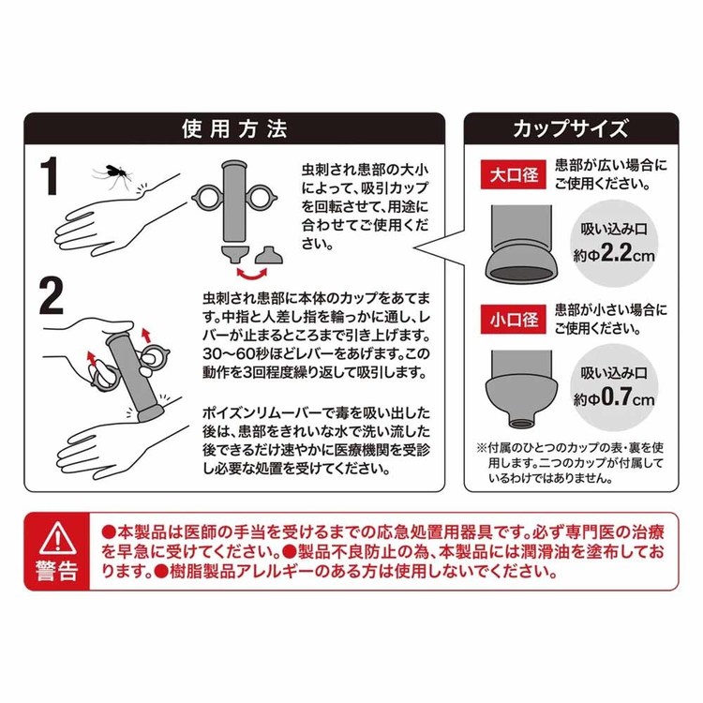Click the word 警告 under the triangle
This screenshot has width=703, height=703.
point(56,571)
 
